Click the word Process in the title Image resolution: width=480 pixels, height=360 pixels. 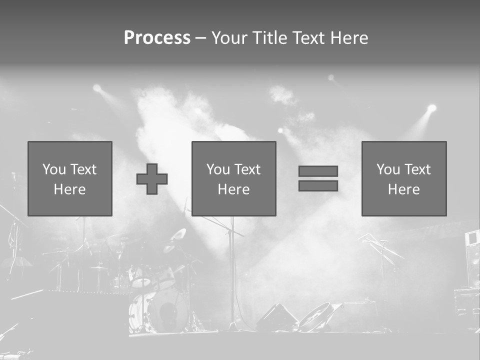[x=157, y=38]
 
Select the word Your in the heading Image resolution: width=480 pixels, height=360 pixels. [x=229, y=38]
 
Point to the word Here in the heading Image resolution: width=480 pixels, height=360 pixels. [x=348, y=38]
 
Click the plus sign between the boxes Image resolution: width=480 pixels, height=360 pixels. [x=152, y=178]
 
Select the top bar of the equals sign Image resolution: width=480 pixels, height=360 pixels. [x=318, y=171]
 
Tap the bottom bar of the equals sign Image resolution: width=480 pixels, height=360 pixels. [x=318, y=186]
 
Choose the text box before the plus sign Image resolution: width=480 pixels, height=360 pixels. [x=69, y=178]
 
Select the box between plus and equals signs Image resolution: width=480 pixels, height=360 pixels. [x=233, y=178]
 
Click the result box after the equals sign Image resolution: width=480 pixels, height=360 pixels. [x=403, y=178]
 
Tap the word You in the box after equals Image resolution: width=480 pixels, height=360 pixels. [x=388, y=169]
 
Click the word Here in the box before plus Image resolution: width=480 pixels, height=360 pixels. [x=69, y=189]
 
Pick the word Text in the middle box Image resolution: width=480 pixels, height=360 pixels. [x=248, y=169]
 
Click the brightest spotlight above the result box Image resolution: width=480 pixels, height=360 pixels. [x=431, y=108]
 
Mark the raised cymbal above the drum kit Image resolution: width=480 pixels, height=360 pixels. [x=178, y=234]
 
